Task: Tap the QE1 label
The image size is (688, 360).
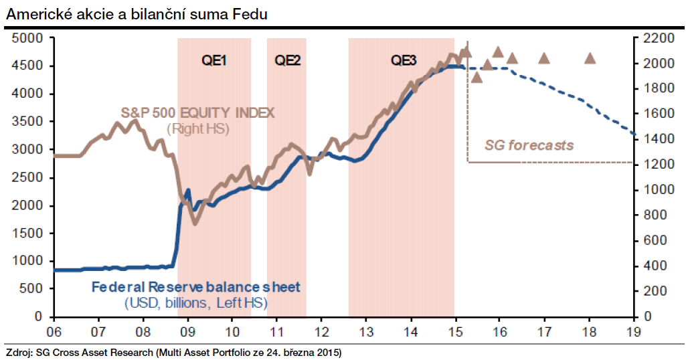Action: click(214, 60)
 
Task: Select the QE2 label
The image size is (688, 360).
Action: click(287, 60)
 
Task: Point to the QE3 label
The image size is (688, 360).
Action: click(404, 60)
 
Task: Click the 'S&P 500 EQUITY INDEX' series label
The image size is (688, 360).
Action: click(197, 112)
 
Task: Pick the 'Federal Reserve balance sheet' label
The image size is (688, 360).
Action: click(195, 288)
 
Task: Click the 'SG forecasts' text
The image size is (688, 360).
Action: click(529, 145)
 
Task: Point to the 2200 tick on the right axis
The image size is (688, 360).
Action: click(659, 38)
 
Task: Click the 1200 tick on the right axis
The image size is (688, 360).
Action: click(659, 165)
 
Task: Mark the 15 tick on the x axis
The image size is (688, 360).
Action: click(455, 331)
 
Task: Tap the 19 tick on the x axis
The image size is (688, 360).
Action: click(633, 331)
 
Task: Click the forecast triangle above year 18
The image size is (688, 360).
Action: click(590, 58)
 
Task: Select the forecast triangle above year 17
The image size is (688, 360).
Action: click(544, 58)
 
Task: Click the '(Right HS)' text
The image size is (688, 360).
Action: click(198, 128)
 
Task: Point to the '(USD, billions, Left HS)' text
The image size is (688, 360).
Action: click(195, 304)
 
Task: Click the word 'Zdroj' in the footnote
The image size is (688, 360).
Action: click(19, 352)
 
